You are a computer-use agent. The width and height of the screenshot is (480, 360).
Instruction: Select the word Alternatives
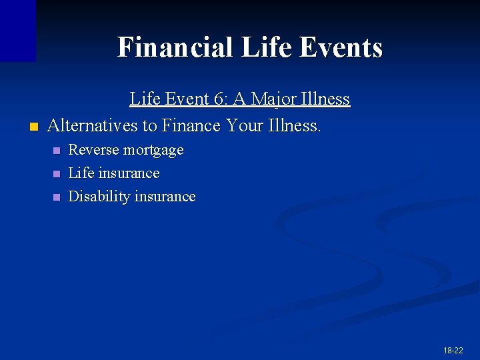93,125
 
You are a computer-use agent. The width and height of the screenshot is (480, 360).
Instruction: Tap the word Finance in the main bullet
191,125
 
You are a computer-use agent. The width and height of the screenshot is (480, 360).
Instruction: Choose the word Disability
99,197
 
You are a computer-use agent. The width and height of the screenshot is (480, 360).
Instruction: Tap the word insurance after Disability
164,197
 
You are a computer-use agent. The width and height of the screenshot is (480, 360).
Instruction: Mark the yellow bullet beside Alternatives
33,126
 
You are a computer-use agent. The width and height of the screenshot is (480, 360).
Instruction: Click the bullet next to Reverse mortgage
56,151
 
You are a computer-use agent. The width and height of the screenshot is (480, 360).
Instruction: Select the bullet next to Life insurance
56,174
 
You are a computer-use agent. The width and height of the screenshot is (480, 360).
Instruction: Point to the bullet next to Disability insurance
56,197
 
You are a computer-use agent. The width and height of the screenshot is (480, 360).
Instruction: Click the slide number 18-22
453,350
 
